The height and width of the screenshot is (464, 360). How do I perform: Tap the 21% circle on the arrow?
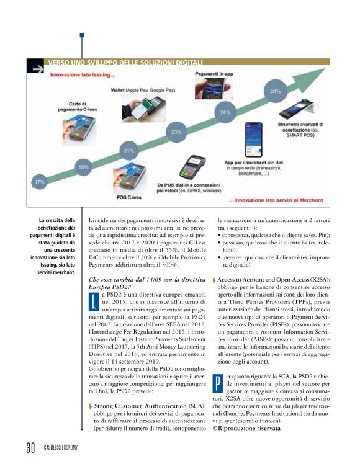coord(129,151)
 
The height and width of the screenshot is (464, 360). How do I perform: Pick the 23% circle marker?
coord(176,132)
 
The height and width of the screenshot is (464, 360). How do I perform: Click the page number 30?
coord(29,448)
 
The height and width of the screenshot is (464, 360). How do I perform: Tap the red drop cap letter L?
coord(94,301)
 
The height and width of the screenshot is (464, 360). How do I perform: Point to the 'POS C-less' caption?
coord(130,197)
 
